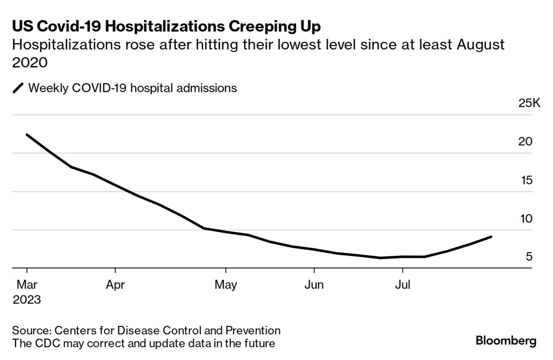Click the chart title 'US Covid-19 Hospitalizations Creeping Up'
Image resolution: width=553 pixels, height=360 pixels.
(x=166, y=26)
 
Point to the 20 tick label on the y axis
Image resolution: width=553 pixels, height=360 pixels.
(x=525, y=142)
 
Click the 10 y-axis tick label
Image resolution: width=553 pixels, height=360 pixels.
(x=525, y=219)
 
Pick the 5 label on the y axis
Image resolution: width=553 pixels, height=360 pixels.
(x=529, y=257)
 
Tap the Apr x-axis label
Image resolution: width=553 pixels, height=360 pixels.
(x=115, y=285)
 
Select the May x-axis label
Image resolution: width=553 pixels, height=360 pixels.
(x=226, y=285)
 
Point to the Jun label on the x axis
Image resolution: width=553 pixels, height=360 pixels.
(x=314, y=285)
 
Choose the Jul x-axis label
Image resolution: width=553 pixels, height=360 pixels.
(x=402, y=285)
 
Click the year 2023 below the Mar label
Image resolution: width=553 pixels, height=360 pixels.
(x=27, y=299)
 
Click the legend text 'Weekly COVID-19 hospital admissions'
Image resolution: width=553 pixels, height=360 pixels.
(x=133, y=88)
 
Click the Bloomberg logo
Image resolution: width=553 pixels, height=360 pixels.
(x=506, y=341)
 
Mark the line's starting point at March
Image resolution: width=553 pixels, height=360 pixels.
(x=27, y=135)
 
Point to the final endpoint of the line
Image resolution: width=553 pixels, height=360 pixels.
(x=491, y=237)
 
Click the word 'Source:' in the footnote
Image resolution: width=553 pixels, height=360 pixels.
(x=31, y=331)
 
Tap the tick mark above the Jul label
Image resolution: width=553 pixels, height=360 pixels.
(x=402, y=271)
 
